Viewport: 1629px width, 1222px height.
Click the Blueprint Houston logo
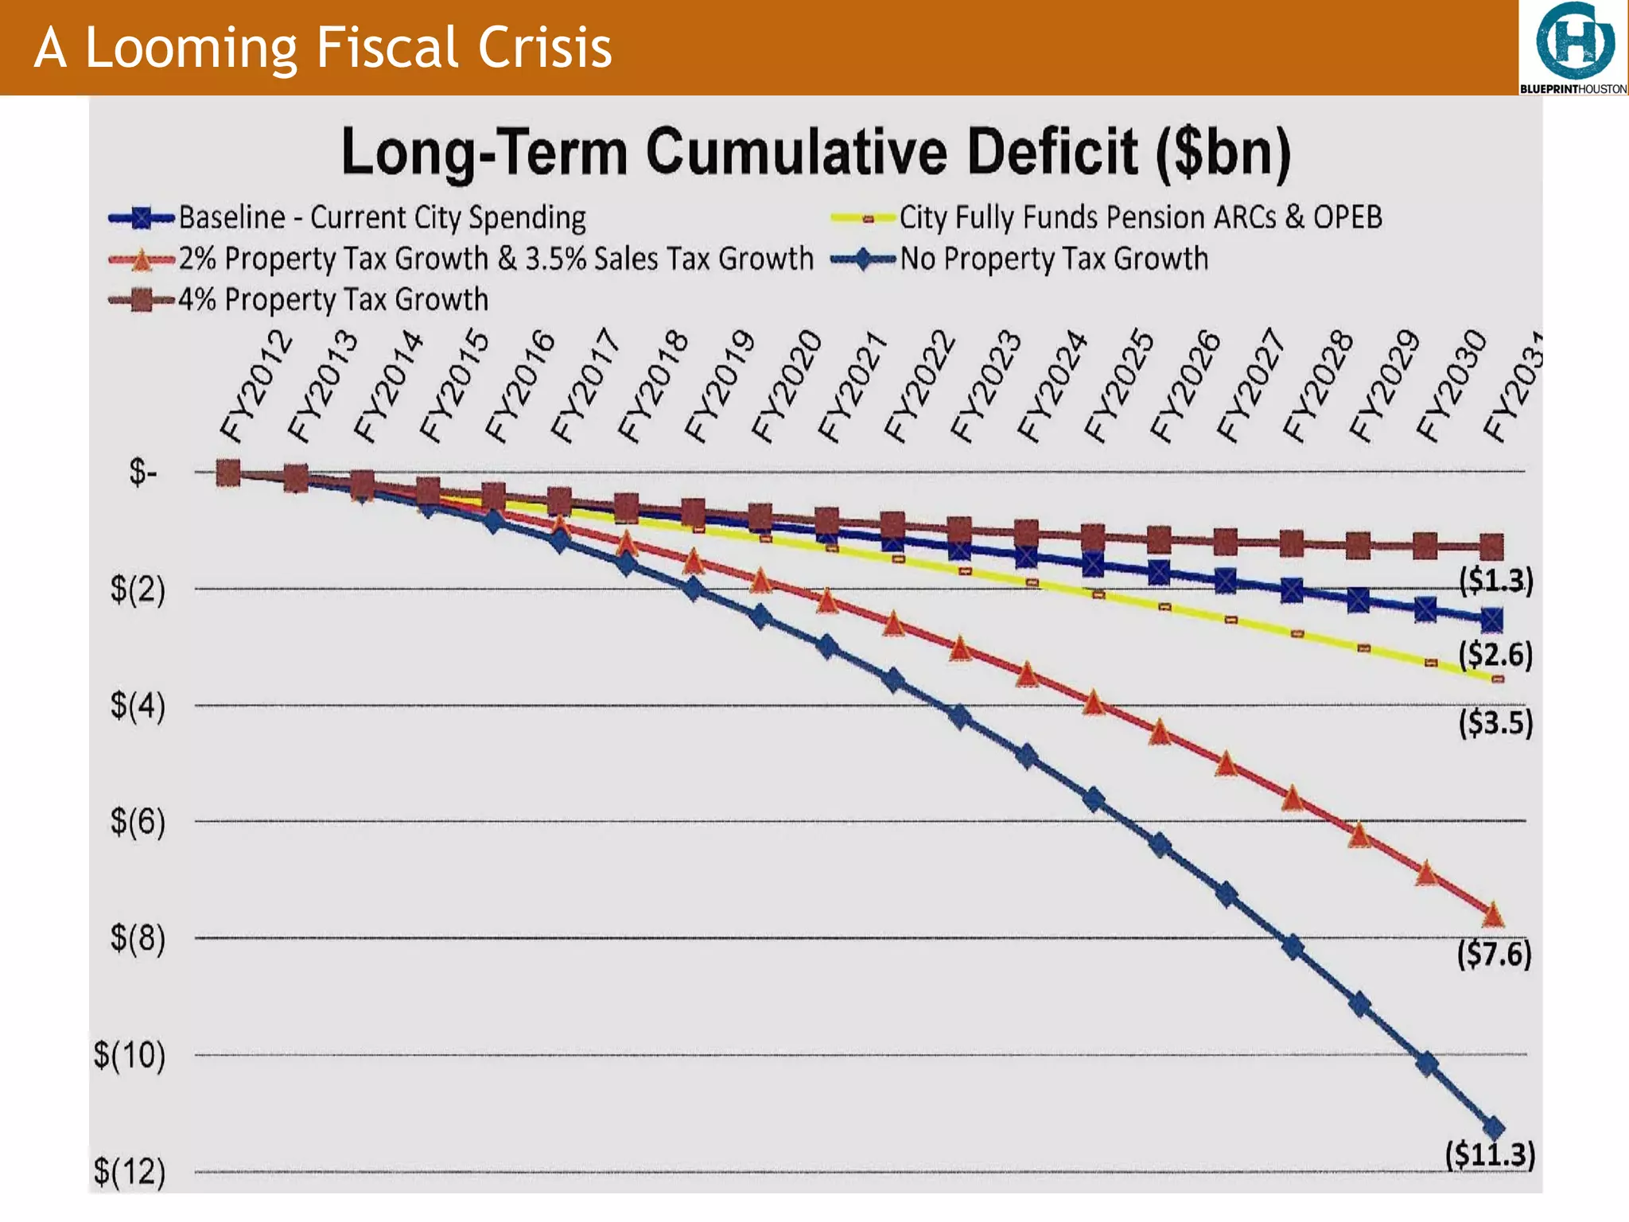(x=1573, y=48)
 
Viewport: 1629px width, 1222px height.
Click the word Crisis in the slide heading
(x=545, y=48)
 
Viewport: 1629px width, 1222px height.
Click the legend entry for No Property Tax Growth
(x=1053, y=259)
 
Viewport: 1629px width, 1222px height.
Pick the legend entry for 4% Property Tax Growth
(x=332, y=300)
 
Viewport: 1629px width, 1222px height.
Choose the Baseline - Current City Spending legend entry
(x=382, y=217)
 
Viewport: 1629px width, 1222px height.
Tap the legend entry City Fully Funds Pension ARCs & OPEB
(x=1140, y=217)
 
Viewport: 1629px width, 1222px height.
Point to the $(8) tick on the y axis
(x=138, y=938)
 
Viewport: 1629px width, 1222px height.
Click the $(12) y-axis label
(x=130, y=1172)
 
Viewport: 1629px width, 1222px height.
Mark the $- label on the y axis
(x=143, y=473)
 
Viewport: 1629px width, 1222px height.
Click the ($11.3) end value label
(x=1490, y=1154)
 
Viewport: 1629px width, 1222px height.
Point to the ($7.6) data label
(x=1494, y=953)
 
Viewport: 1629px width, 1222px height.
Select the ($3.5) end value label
(x=1495, y=723)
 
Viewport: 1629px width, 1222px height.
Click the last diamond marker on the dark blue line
(x=1494, y=1127)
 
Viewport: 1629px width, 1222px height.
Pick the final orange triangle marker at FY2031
(x=1493, y=915)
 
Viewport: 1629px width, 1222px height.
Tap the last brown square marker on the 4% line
(x=1491, y=547)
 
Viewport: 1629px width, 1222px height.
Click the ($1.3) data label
(x=1495, y=581)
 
